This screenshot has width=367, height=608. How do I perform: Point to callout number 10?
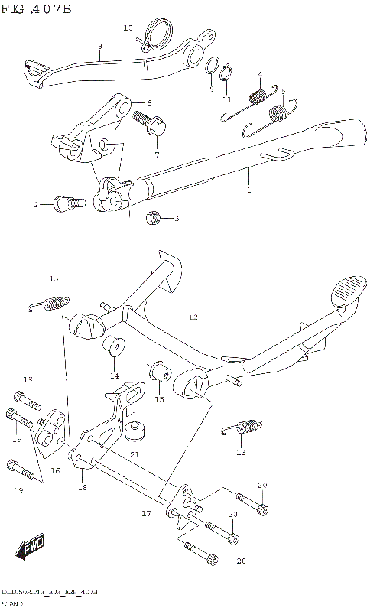click(128, 28)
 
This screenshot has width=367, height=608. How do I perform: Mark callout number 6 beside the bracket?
click(149, 103)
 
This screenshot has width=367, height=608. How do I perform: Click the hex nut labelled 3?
click(154, 218)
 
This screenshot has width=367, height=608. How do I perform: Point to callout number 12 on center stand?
click(193, 317)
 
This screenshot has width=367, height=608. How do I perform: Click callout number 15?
click(159, 399)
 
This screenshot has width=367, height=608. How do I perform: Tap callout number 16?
click(55, 471)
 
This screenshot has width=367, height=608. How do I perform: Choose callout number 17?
click(146, 514)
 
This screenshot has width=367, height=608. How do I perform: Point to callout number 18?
click(83, 487)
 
